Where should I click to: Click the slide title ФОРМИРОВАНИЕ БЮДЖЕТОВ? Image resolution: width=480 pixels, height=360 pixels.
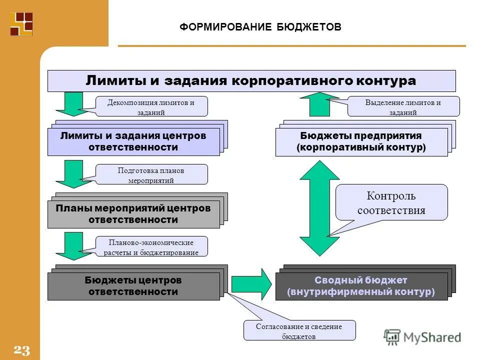[260, 26]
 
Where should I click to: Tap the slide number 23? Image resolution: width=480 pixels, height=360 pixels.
[22, 350]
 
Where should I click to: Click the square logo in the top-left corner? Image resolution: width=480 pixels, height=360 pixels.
[21, 24]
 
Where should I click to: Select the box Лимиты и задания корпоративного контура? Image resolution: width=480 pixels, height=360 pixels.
[251, 80]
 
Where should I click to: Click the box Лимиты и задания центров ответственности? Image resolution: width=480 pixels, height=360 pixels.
[133, 141]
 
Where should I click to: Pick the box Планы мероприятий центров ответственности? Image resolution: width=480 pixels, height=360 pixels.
[133, 214]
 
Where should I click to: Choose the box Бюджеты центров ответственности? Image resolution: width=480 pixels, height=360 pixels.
[133, 286]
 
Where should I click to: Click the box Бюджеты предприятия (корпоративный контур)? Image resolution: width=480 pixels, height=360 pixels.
[361, 142]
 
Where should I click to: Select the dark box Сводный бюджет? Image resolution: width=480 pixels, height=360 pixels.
[361, 286]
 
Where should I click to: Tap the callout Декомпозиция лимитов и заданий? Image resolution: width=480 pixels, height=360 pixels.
[151, 106]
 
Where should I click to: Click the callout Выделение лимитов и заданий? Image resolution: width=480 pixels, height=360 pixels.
[403, 106]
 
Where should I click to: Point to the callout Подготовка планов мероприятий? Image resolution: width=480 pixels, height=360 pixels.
[151, 174]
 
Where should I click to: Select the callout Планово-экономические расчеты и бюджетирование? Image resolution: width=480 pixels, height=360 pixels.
[151, 246]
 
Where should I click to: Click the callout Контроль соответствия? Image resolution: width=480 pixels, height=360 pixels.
[391, 202]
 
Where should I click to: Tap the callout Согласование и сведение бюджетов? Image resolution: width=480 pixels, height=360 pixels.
[299, 330]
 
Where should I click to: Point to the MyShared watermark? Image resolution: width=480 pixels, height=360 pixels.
[423, 337]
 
